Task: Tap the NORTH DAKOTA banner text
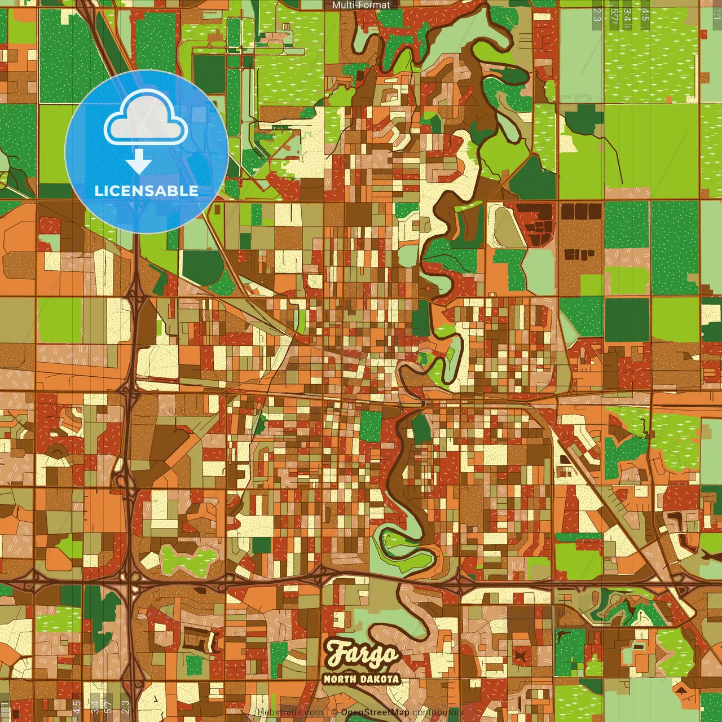pyautogui.click(x=362, y=679)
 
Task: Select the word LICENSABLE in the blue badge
pyautogui.click(x=147, y=191)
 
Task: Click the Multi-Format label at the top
pyautogui.click(x=361, y=5)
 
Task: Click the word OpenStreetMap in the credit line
pyautogui.click(x=375, y=712)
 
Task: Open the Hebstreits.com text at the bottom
pyautogui.click(x=290, y=712)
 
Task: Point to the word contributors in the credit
pyautogui.click(x=438, y=712)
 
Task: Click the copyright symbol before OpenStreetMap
pyautogui.click(x=334, y=712)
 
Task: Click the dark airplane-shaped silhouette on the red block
pyautogui.click(x=520, y=654)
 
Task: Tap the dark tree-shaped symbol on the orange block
pyautogui.click(x=682, y=690)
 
